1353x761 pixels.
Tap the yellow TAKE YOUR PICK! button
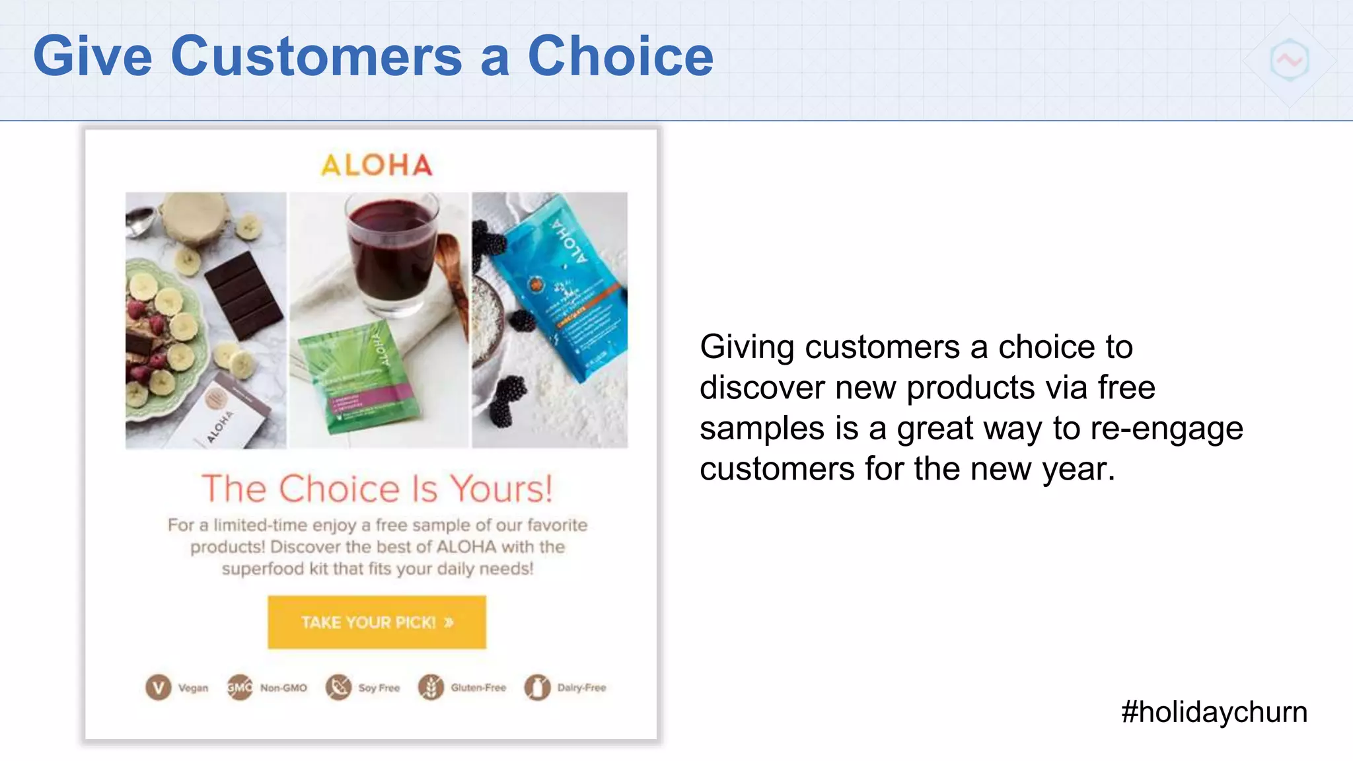coord(377,622)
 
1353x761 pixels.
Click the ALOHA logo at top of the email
coord(377,165)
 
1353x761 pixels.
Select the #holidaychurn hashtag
coord(1214,712)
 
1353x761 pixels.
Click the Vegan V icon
coord(159,688)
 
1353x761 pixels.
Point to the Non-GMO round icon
coord(240,688)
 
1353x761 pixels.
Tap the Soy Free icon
coord(338,688)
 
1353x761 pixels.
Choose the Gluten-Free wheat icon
coord(431,688)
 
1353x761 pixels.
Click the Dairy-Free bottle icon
coord(537,688)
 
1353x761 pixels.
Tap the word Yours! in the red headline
coord(501,489)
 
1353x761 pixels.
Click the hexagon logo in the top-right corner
coord(1289,60)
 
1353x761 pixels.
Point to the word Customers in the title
coord(316,57)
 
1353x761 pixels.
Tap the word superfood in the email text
coord(262,569)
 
